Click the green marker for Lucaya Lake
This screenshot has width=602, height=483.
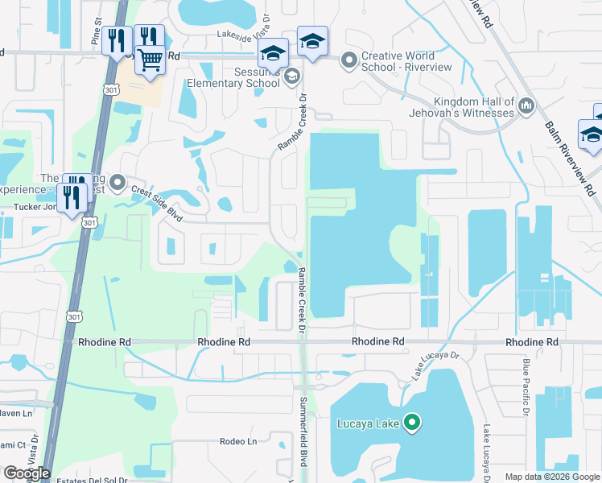coord(412,422)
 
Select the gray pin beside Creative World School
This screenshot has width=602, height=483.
coord(349,60)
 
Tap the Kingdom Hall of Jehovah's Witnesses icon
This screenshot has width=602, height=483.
coord(526,105)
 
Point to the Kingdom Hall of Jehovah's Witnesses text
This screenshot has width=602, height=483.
coord(474,107)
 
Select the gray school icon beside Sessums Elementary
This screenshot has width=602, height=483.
coord(292,76)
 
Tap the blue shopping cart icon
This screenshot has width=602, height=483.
coord(150,59)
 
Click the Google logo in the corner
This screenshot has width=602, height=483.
coord(27,473)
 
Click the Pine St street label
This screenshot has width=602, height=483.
coord(97,37)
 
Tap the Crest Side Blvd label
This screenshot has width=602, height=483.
coord(158,196)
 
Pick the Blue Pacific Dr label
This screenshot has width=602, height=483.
coord(523,390)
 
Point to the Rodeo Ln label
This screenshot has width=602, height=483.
coord(238,441)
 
